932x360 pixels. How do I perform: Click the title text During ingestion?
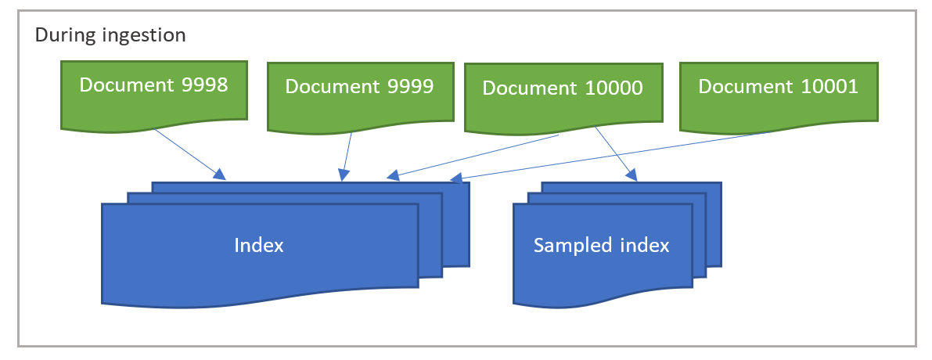pos(110,35)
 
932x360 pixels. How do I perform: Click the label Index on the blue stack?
pos(259,245)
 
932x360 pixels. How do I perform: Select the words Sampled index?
pos(601,245)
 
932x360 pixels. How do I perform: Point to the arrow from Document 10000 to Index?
pos(477,155)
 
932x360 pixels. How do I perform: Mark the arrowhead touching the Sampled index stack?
pos(632,176)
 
